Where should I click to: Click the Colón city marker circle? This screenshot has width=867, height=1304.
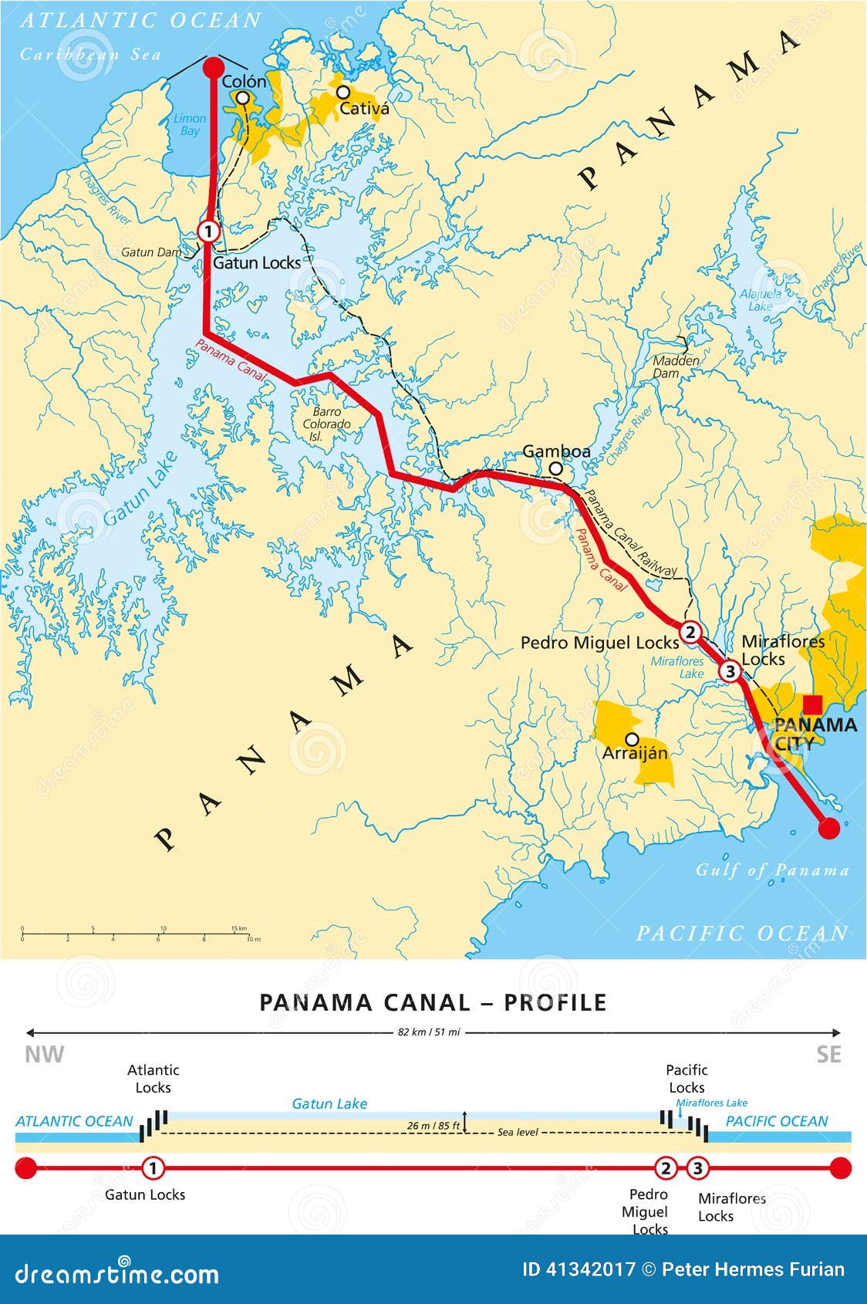click(x=243, y=98)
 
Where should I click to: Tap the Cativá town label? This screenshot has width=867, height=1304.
click(x=364, y=109)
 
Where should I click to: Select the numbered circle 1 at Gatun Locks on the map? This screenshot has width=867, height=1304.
click(x=208, y=231)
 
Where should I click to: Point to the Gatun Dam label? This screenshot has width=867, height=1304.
click(x=151, y=252)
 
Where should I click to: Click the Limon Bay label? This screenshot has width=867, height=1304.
click(x=190, y=125)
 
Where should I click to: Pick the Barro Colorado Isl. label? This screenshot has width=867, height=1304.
click(x=326, y=424)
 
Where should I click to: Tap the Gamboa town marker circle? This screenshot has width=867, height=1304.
click(x=555, y=468)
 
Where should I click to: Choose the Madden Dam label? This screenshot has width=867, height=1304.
click(x=676, y=367)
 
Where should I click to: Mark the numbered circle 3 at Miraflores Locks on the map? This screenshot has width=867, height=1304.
click(x=729, y=671)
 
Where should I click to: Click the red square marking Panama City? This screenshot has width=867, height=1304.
click(x=812, y=704)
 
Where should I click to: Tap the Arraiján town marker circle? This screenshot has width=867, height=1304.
click(x=632, y=739)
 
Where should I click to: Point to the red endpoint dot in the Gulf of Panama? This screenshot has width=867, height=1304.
click(x=829, y=829)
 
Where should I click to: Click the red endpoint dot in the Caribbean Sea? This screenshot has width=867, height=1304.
click(x=212, y=67)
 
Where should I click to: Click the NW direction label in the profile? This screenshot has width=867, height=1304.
click(x=45, y=1055)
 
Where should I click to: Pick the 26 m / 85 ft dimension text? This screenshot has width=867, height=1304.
click(x=433, y=1126)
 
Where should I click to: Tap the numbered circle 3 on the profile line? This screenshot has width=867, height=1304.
click(x=697, y=1168)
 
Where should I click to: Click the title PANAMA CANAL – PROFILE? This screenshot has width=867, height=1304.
click(x=433, y=1002)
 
